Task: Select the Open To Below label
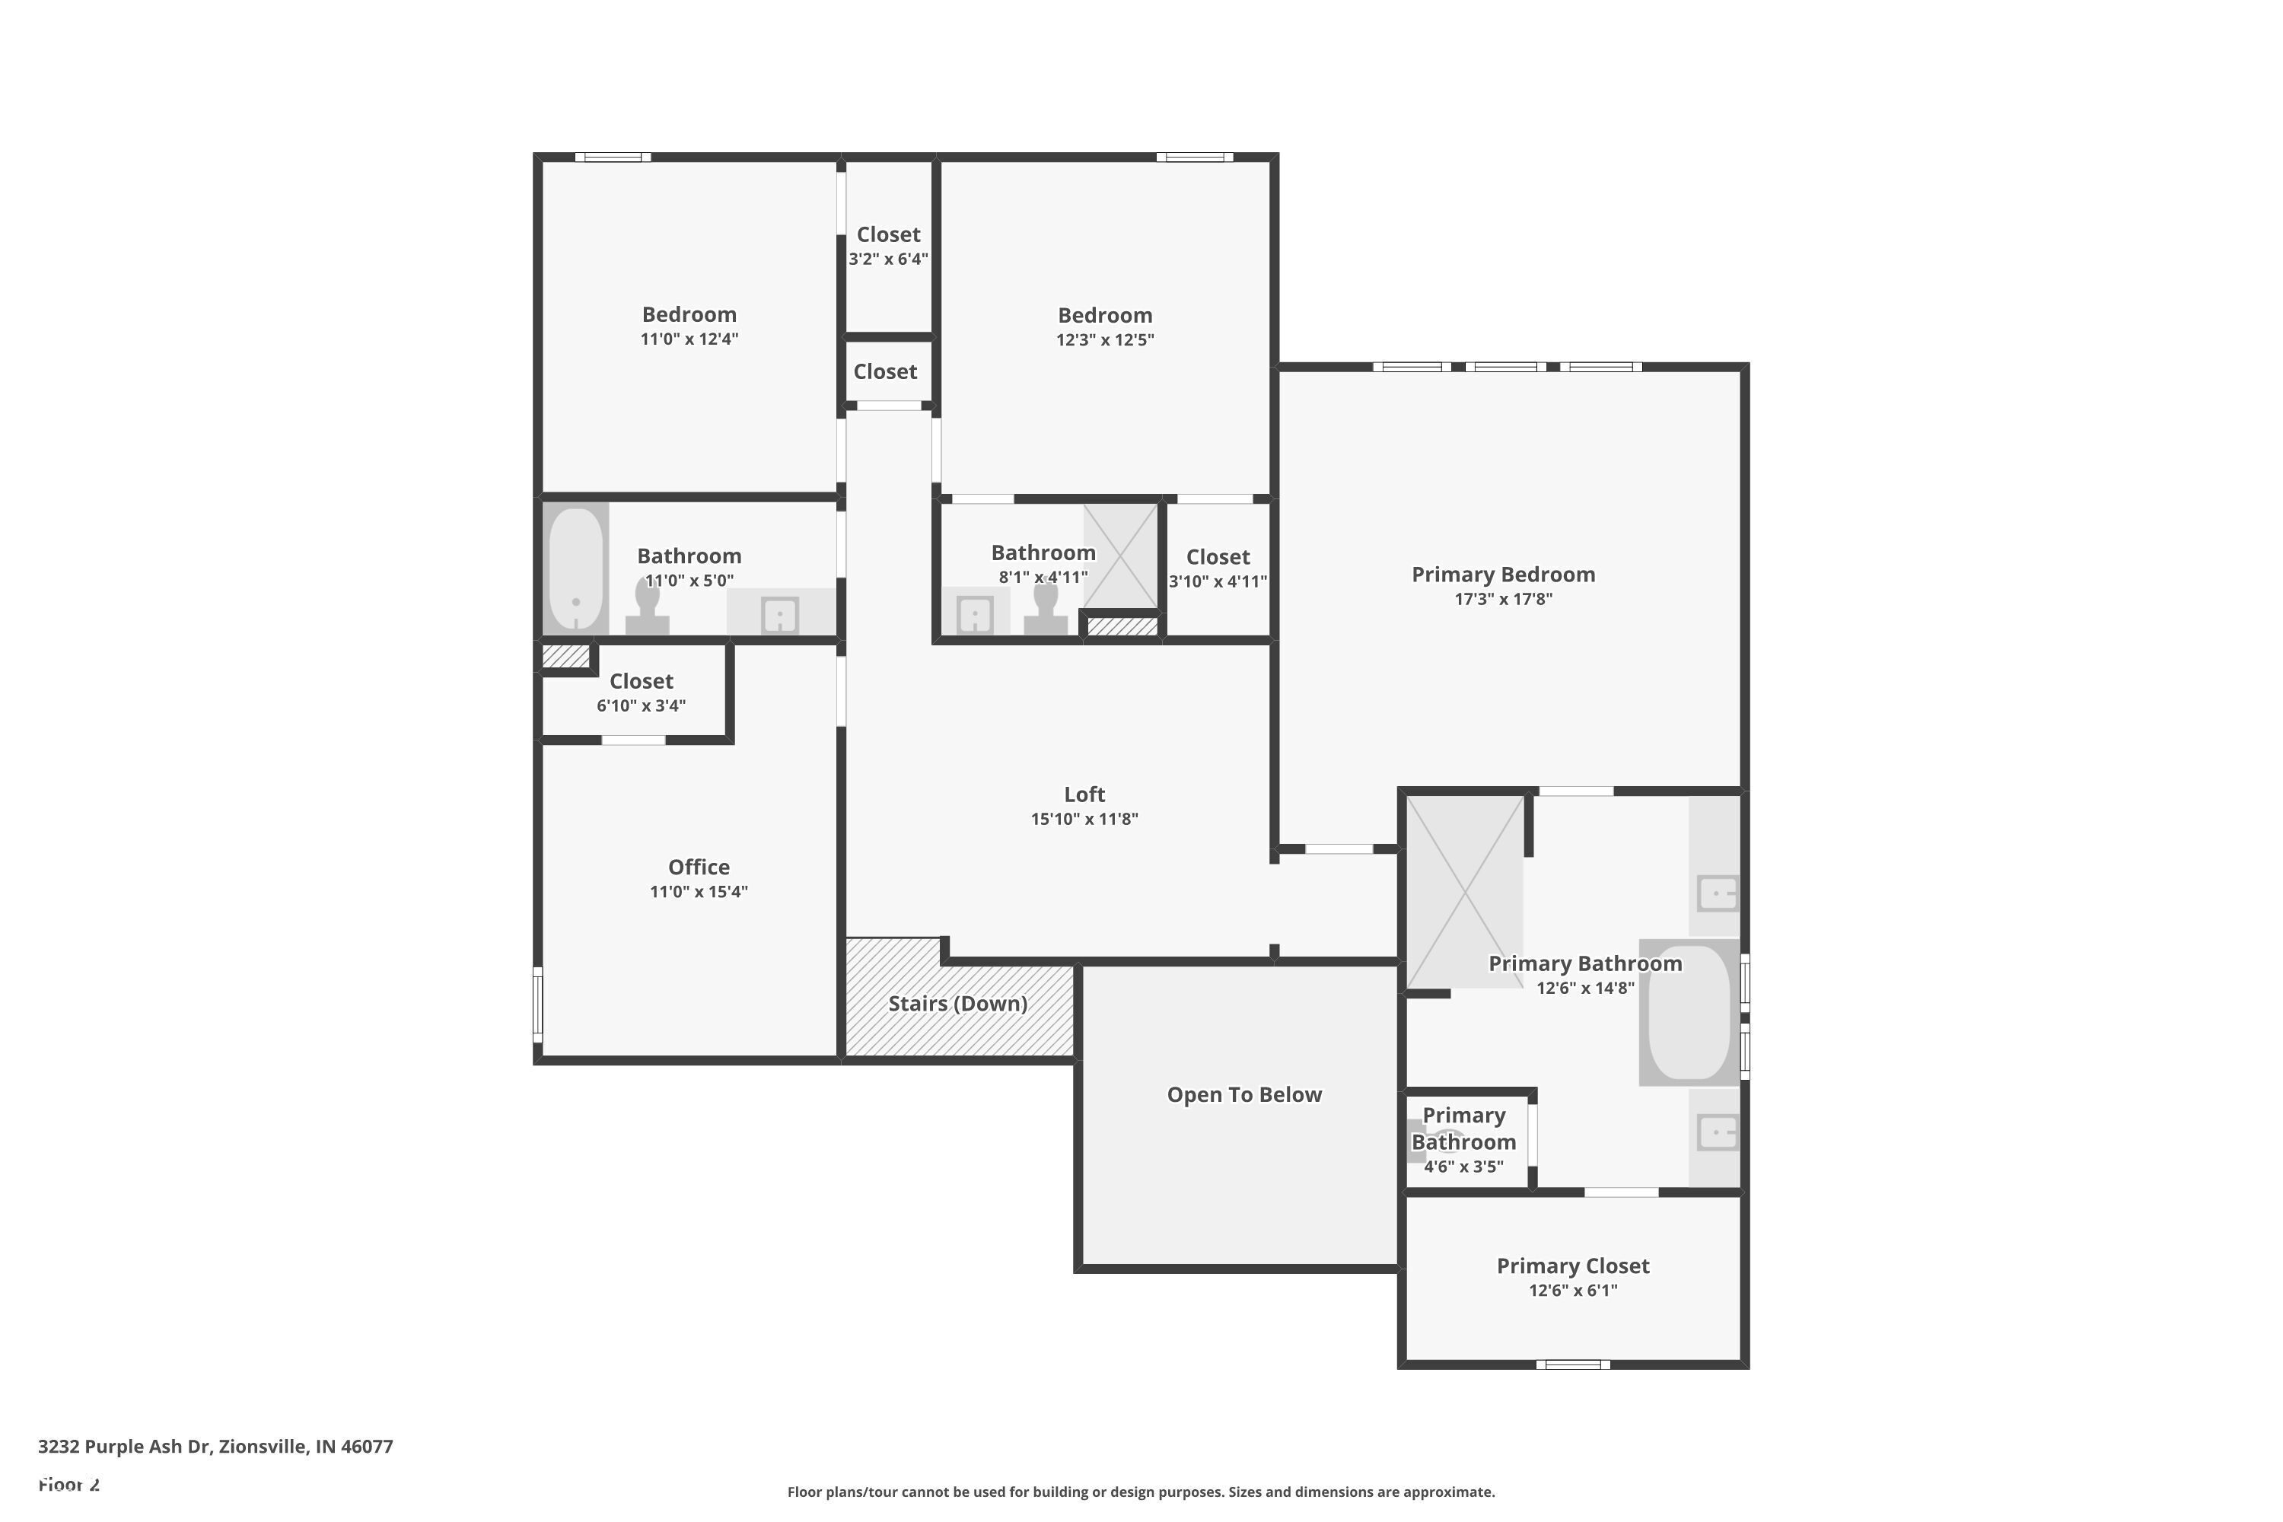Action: pyautogui.click(x=1243, y=1094)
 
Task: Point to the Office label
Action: pyautogui.click(x=698, y=867)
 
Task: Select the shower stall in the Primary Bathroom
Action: pyautogui.click(x=1463, y=891)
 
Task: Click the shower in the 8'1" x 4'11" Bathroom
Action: pyautogui.click(x=1121, y=556)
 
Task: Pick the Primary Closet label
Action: pyautogui.click(x=1572, y=1266)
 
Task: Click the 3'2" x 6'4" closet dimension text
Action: pyautogui.click(x=888, y=260)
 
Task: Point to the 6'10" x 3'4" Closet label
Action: pyautogui.click(x=641, y=681)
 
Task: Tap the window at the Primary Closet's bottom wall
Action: pyautogui.click(x=1572, y=1364)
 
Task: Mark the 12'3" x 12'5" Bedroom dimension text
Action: pyautogui.click(x=1105, y=339)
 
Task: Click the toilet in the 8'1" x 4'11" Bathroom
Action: pyautogui.click(x=1046, y=610)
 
